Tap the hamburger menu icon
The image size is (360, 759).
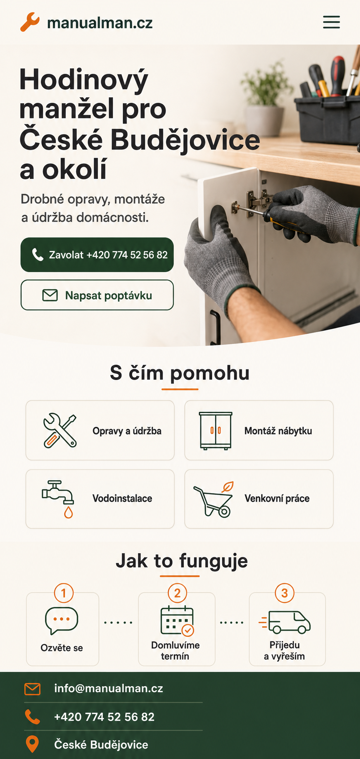point(331,22)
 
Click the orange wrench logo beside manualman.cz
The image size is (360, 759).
point(30,22)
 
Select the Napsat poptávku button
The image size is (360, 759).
point(97,295)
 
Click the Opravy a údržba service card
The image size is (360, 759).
point(100,430)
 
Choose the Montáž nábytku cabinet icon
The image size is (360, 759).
point(215,431)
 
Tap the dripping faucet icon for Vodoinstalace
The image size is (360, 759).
point(58,499)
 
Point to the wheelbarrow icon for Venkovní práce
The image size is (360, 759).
point(213,499)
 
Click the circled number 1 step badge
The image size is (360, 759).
point(64,593)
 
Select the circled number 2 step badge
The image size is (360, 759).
point(177,593)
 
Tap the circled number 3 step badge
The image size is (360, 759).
point(285,593)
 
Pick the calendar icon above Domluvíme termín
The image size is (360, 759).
point(177,621)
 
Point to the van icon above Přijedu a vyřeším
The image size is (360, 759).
point(285,622)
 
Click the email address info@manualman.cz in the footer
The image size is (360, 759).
point(108,688)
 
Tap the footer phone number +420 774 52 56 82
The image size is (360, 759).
point(104,717)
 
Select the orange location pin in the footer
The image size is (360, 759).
point(32,744)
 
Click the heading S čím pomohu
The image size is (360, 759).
point(180,373)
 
